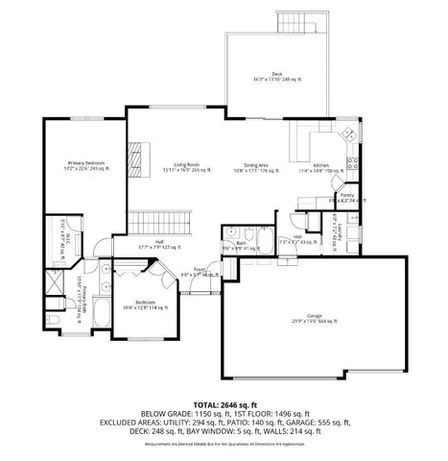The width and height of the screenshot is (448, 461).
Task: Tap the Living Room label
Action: click(178, 166)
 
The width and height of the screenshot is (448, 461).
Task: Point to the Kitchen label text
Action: click(320, 166)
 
